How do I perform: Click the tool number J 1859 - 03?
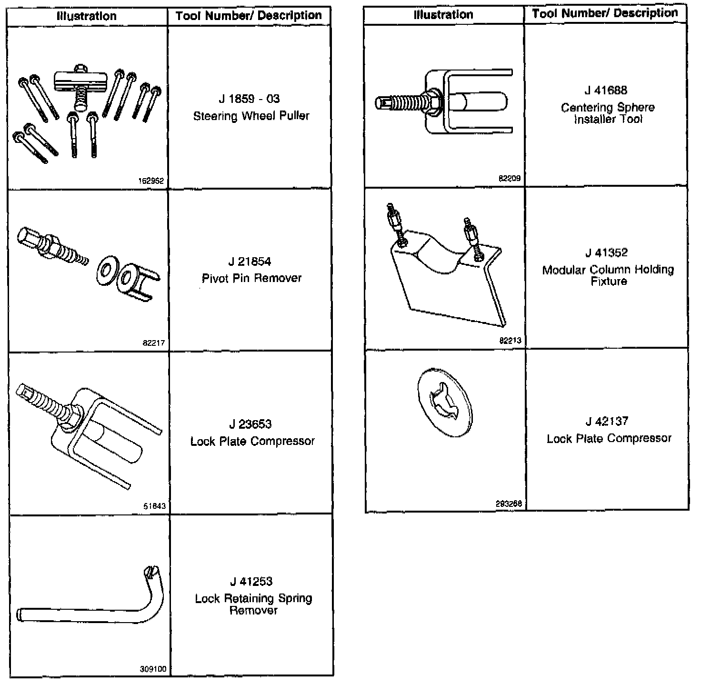point(249,99)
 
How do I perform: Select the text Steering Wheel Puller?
point(251,116)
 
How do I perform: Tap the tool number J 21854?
point(250,262)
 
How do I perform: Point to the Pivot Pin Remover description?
point(251,278)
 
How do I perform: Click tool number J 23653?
point(250,424)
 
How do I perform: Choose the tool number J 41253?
point(251,582)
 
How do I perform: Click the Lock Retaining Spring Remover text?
point(253,604)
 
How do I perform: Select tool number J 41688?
point(606,91)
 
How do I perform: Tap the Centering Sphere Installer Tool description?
point(608,113)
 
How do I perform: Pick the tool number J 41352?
point(607,253)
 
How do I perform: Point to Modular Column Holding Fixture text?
point(608,275)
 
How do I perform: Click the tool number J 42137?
point(607,422)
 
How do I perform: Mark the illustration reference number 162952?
point(151,181)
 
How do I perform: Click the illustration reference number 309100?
point(153,669)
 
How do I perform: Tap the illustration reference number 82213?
point(510,341)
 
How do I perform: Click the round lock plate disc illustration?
point(444,401)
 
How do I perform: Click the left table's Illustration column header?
point(87,16)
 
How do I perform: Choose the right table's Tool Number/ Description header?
point(605,13)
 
